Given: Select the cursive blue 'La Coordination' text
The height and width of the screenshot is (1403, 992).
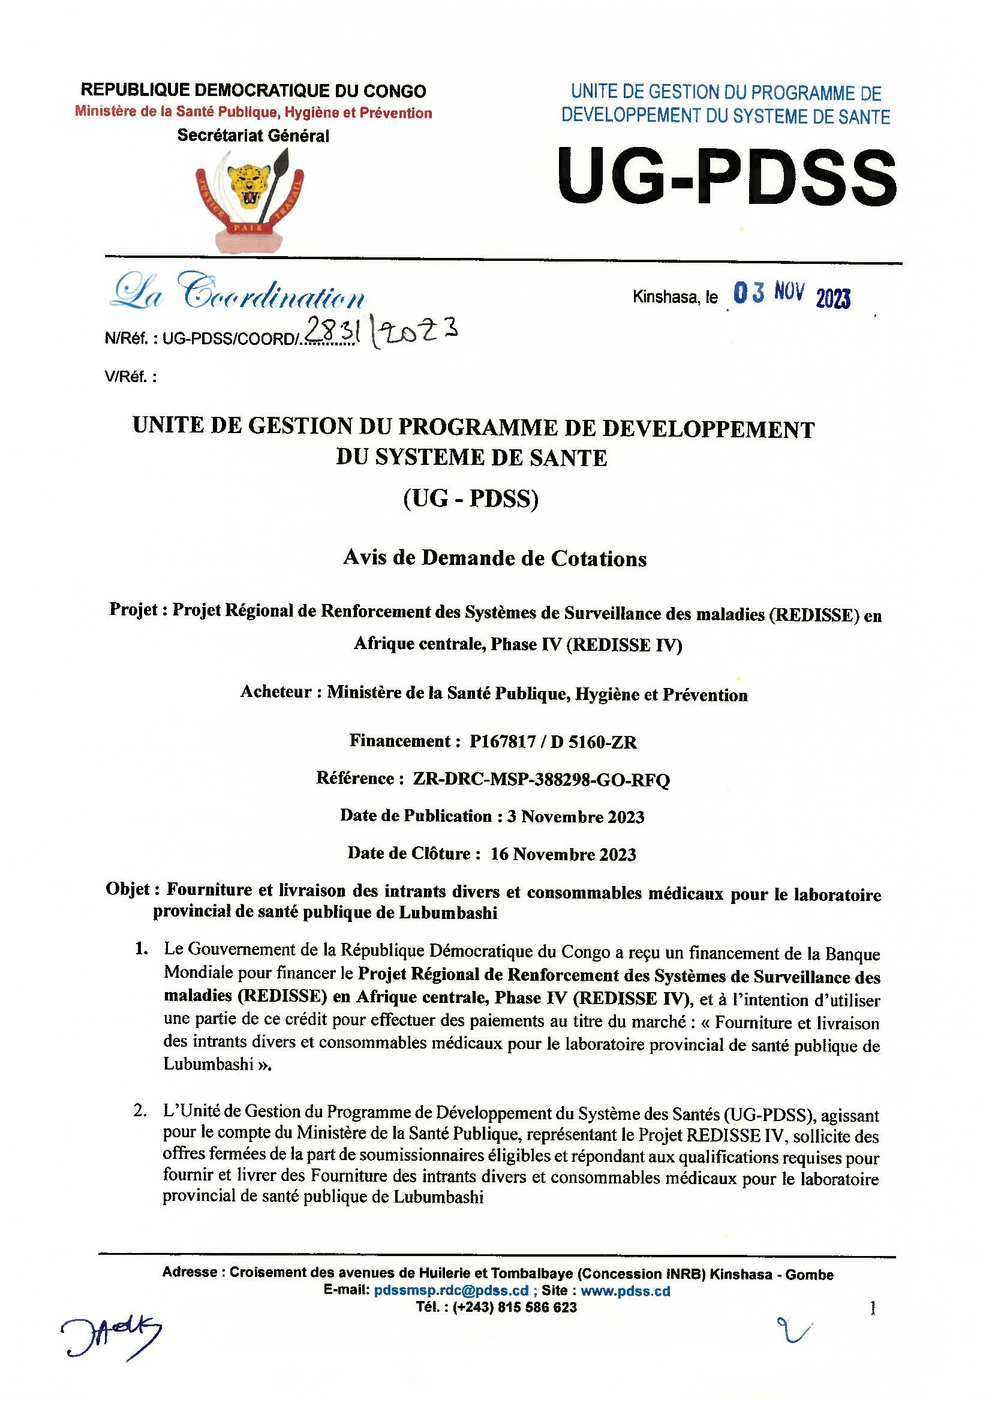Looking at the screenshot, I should pyautogui.click(x=238, y=294).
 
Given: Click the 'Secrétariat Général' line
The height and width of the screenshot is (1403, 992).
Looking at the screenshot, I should pyautogui.click(x=253, y=136).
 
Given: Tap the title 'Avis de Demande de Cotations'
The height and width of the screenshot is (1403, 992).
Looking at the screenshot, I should pyautogui.click(x=495, y=558).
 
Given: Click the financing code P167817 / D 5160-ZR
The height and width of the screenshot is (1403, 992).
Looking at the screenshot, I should pyautogui.click(x=553, y=742).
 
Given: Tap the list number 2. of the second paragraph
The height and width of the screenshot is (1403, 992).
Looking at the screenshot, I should pyautogui.click(x=140, y=1110).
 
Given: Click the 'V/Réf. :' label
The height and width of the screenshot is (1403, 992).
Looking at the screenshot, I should pyautogui.click(x=130, y=377).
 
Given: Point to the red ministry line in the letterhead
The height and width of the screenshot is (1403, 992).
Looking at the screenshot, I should pyautogui.click(x=253, y=113).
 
